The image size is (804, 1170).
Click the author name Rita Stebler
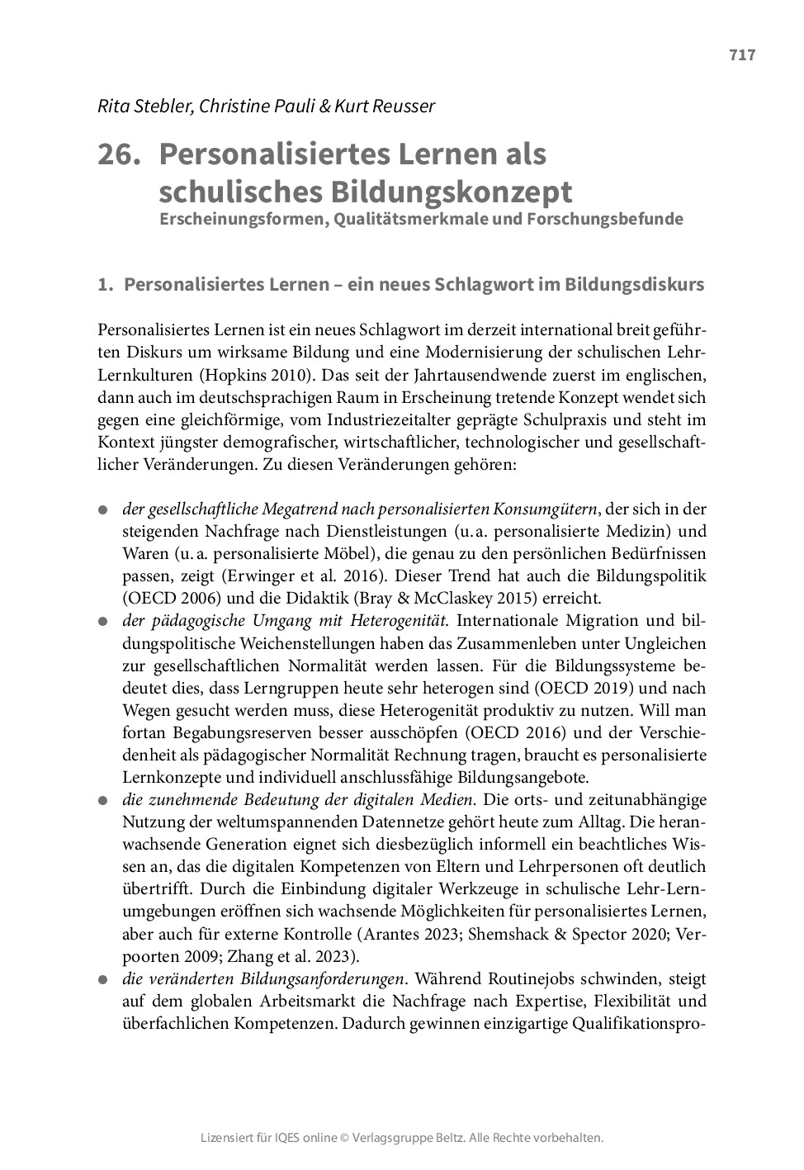(137, 106)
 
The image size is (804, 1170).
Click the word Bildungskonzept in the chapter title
(449, 192)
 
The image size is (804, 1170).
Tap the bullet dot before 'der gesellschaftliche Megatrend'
(103, 509)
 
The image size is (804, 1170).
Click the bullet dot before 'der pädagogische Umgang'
(103, 622)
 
